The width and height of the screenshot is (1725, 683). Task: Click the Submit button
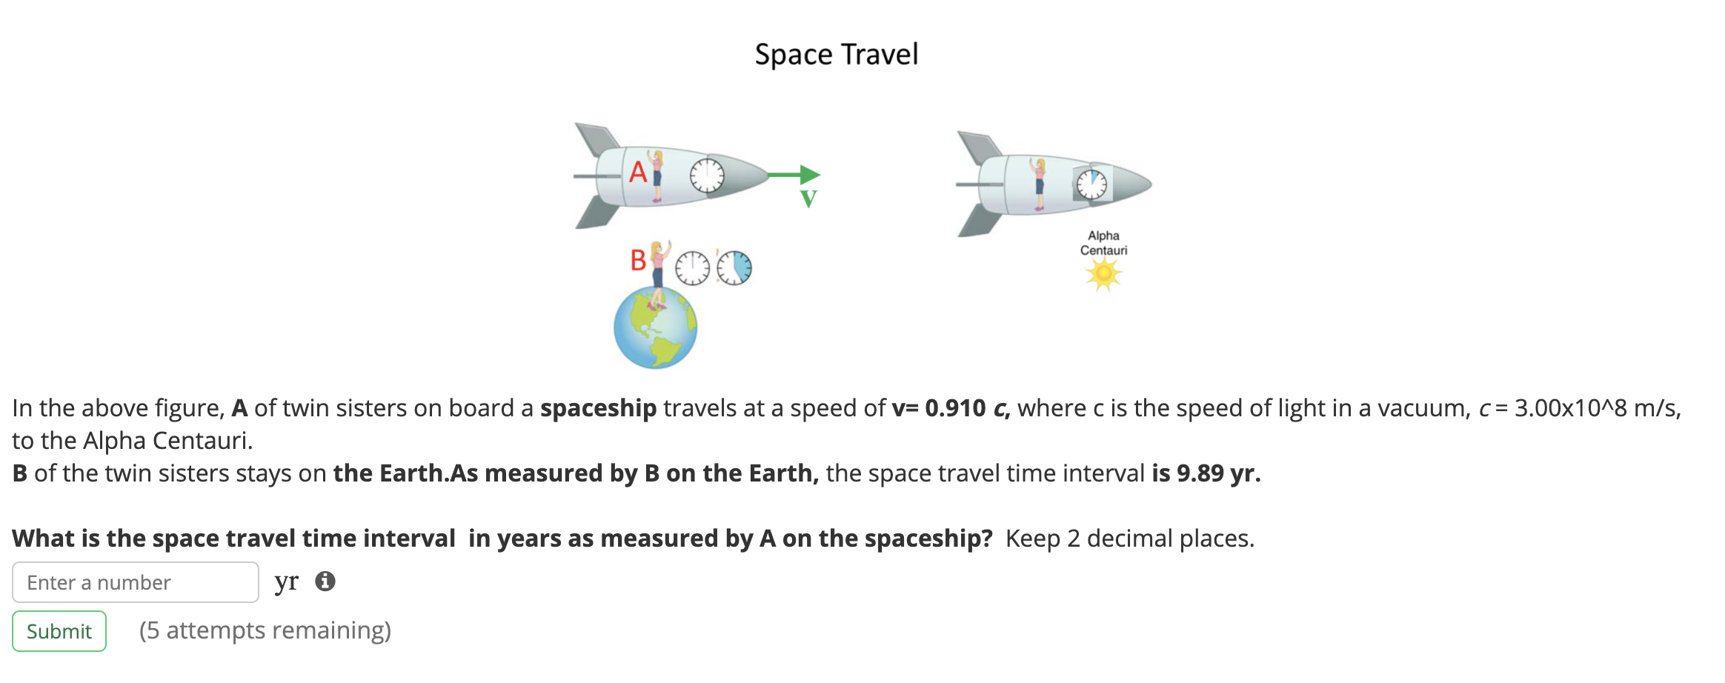click(x=59, y=631)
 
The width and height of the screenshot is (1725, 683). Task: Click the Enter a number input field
click(x=135, y=582)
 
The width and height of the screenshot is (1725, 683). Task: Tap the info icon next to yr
click(x=325, y=582)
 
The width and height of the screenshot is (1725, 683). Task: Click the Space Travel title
click(x=836, y=55)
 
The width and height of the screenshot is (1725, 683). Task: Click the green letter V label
click(x=808, y=199)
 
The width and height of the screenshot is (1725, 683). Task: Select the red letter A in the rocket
click(x=638, y=173)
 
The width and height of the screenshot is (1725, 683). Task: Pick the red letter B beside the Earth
click(x=638, y=261)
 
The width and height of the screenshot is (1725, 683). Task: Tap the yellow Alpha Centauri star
click(x=1103, y=275)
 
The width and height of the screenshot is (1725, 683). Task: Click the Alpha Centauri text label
click(x=1103, y=243)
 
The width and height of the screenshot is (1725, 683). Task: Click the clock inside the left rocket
click(x=707, y=176)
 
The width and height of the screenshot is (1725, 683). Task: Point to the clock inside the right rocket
click(x=1091, y=184)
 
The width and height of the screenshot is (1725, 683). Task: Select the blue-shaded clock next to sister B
click(x=734, y=267)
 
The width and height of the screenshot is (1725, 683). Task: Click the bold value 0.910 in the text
click(x=955, y=408)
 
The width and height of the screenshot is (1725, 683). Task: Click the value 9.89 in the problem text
click(x=1200, y=473)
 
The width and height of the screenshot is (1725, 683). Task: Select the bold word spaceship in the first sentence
click(x=598, y=408)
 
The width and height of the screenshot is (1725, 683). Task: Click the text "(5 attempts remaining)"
click(x=265, y=630)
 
